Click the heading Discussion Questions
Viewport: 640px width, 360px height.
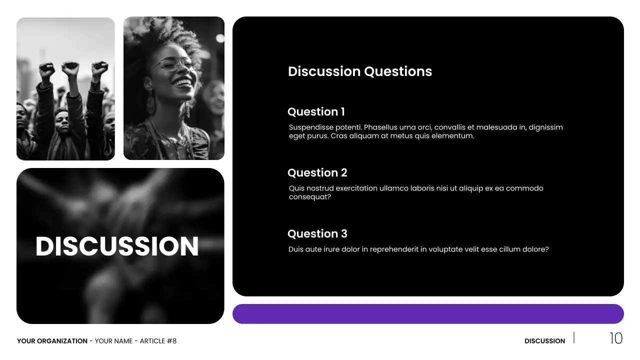tap(360, 71)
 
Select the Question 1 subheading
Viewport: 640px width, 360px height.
tap(316, 112)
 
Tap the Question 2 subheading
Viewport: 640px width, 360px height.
tap(317, 173)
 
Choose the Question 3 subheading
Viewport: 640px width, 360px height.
tap(317, 234)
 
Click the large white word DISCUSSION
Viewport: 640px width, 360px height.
tap(117, 246)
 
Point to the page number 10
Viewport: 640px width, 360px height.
tap(615, 338)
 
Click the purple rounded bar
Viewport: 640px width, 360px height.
tap(428, 314)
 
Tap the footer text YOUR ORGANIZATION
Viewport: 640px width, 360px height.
tap(52, 341)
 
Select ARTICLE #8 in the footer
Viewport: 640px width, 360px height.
tap(158, 341)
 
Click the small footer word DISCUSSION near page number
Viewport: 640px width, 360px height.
tap(544, 341)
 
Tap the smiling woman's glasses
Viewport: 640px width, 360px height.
tap(172, 63)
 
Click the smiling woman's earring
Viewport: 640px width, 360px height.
tap(150, 102)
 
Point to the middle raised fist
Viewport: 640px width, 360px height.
tap(70, 68)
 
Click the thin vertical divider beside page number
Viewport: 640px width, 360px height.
tap(574, 337)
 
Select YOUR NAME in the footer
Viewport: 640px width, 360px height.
tap(113, 341)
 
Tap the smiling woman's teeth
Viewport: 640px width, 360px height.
tap(183, 81)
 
